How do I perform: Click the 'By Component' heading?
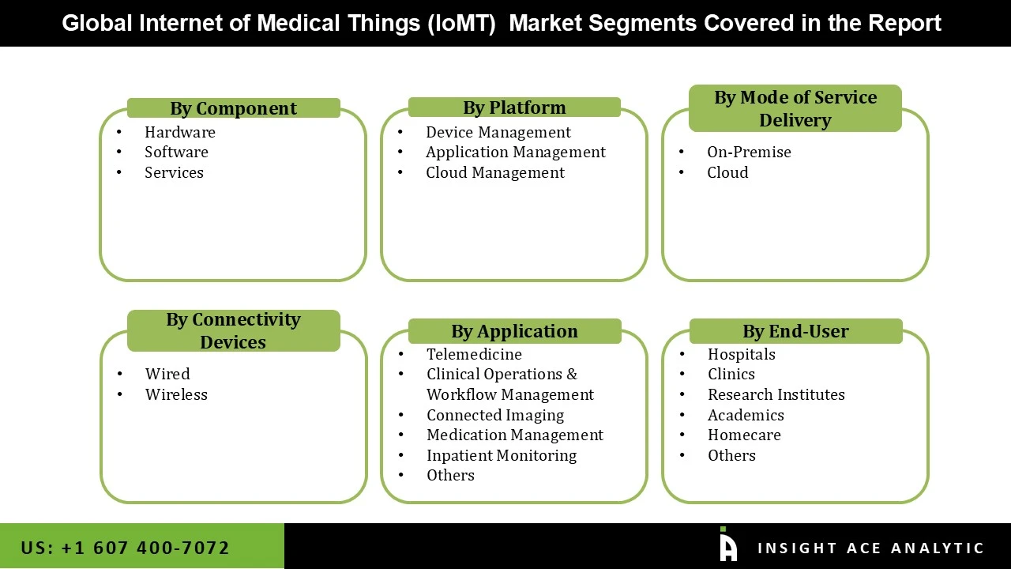[x=233, y=108]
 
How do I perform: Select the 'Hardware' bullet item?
[x=179, y=132]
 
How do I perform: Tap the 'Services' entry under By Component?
[x=174, y=172]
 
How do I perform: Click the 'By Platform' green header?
[x=514, y=107]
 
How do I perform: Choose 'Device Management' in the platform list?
[x=498, y=132]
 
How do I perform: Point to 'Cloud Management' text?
[x=494, y=172]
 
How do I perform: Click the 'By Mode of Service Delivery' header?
[x=795, y=108]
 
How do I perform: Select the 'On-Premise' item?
[x=749, y=152]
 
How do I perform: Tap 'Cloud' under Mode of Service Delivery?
[x=727, y=172]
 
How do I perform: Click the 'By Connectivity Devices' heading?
[x=233, y=330]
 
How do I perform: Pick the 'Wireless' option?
[x=176, y=394]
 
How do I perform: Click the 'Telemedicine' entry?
[x=474, y=354]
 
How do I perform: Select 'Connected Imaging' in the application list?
[x=495, y=415]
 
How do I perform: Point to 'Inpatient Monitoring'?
[x=502, y=455]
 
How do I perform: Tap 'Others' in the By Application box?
[x=450, y=475]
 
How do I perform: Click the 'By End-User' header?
[x=795, y=331]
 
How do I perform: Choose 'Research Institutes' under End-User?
[x=776, y=394]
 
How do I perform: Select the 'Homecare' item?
[x=744, y=435]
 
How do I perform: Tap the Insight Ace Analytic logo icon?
[x=728, y=546]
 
